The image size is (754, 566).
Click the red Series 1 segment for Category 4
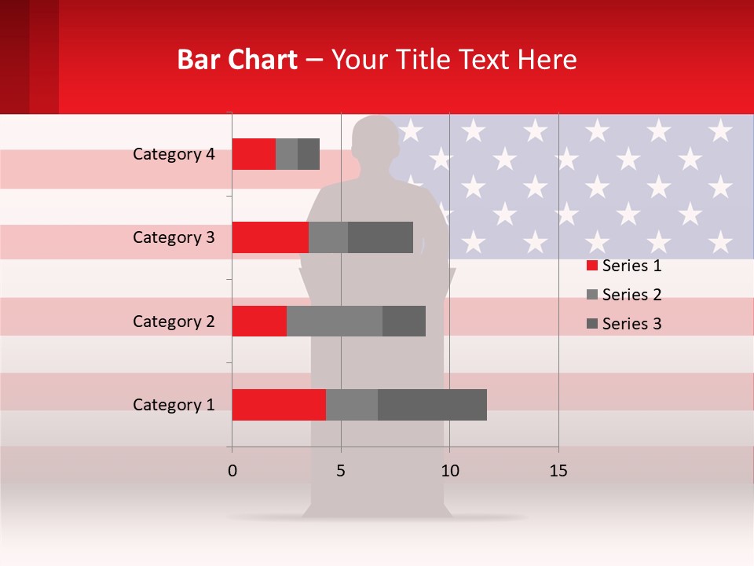(254, 153)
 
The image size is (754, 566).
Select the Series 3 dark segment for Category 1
(432, 405)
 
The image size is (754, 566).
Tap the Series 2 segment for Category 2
(335, 321)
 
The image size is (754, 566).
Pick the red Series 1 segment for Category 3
(270, 237)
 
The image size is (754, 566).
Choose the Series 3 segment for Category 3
(380, 237)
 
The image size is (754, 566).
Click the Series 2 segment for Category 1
(352, 405)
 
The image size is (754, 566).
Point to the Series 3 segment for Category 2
(404, 321)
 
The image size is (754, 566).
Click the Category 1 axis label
(174, 405)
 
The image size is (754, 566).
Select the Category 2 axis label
(174, 321)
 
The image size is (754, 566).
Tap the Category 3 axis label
(174, 237)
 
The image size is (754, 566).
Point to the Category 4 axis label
(174, 154)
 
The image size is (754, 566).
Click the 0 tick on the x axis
(232, 471)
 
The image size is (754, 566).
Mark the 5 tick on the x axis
(341, 471)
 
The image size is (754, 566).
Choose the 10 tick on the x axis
(449, 471)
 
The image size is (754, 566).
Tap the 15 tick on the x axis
(558, 471)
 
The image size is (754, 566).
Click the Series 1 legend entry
(624, 266)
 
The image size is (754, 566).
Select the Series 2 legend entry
(624, 295)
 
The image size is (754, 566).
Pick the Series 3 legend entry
(624, 324)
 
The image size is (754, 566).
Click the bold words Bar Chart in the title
(237, 60)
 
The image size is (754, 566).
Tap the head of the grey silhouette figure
(375, 141)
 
